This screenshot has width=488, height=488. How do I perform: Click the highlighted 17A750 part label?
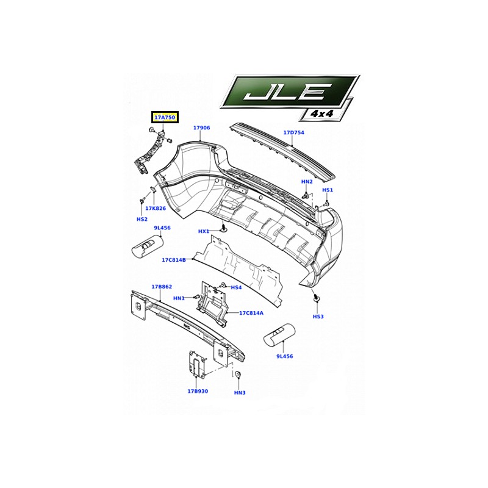tap(165, 118)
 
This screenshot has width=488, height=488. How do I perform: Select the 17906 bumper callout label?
tap(201, 128)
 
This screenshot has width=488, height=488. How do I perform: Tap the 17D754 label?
tap(293, 132)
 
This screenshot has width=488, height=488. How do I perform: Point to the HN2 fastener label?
tap(307, 181)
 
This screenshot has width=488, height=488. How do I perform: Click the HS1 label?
tap(328, 190)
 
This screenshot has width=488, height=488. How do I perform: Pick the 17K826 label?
tap(156, 208)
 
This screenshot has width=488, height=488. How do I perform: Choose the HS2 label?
tap(142, 220)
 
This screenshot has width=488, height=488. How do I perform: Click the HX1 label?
tap(204, 232)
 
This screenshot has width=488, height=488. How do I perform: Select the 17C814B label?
tap(174, 260)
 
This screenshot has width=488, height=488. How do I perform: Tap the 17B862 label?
tap(162, 287)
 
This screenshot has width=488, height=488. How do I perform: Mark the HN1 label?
tap(179, 298)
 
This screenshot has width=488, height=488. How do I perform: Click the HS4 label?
tap(236, 287)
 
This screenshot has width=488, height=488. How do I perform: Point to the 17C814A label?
tap(251, 313)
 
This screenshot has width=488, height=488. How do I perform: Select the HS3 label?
tap(318, 317)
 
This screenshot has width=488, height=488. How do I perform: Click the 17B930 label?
tap(198, 391)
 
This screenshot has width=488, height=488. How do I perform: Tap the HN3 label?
tap(240, 393)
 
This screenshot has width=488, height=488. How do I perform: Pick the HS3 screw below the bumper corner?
tap(316, 297)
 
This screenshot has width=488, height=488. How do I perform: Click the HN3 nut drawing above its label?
tap(238, 375)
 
